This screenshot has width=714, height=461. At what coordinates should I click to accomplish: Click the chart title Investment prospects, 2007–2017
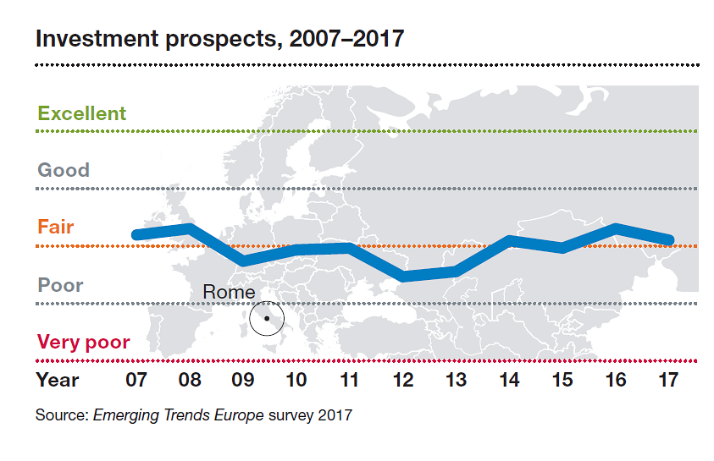[x=220, y=38]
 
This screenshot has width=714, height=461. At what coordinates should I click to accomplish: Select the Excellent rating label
[x=81, y=113]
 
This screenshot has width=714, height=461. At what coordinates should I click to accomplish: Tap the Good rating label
[x=63, y=170]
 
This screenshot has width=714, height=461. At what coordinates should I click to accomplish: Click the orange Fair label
[x=55, y=227]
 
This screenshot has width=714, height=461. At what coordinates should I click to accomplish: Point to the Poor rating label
[x=60, y=285]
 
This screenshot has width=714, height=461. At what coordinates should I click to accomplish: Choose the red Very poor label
[x=83, y=342]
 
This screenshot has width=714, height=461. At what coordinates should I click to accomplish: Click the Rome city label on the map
[x=228, y=292]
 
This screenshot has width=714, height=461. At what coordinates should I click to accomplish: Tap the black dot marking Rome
[x=266, y=318]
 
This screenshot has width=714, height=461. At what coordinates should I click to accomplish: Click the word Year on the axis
[x=58, y=380]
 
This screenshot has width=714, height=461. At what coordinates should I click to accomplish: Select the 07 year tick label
[x=136, y=380]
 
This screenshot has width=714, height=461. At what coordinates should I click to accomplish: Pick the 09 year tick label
[x=242, y=380]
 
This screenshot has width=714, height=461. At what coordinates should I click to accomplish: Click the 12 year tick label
[x=403, y=380]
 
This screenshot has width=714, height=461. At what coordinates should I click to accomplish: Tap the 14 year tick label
[x=510, y=380]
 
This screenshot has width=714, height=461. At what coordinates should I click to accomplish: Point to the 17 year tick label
[x=668, y=380]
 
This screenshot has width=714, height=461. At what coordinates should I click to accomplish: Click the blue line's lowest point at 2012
[x=404, y=276]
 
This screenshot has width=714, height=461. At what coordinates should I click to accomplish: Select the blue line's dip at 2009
[x=244, y=260]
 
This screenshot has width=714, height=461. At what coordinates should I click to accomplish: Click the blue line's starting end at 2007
[x=136, y=234]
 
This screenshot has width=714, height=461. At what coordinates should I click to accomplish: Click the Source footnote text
[x=193, y=415]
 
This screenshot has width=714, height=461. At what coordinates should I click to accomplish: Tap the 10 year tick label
[x=296, y=380]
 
